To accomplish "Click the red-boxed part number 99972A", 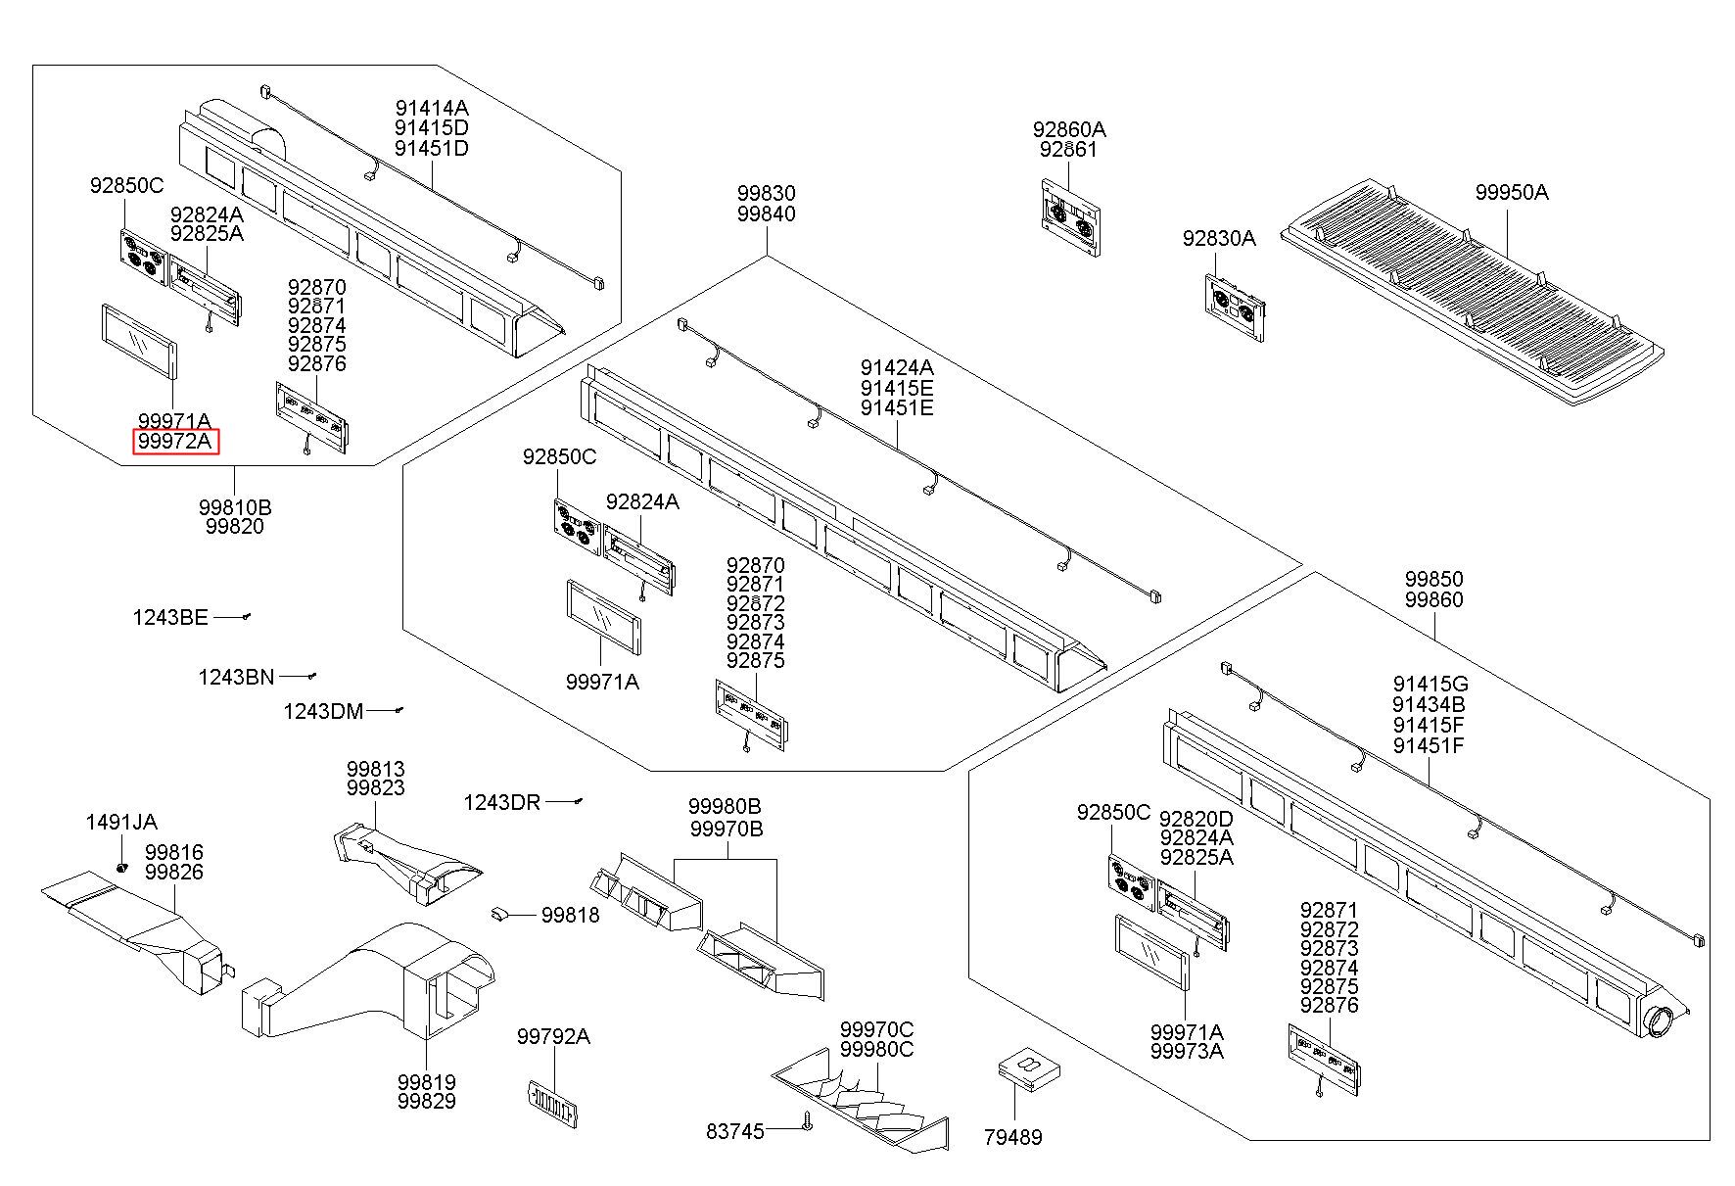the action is click(174, 442).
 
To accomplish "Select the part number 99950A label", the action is click(1512, 193).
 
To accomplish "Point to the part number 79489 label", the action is click(1013, 1138).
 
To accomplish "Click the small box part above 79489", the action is click(1027, 1069).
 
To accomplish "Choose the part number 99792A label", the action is click(553, 1037).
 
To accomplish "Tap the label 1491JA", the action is click(121, 823).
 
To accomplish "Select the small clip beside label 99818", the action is click(499, 914).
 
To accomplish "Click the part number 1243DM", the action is click(323, 712).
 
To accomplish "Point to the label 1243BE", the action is click(170, 618).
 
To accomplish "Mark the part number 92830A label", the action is click(1218, 239).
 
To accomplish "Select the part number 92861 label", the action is click(1068, 150).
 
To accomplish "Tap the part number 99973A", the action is click(1187, 1052).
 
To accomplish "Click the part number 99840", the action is click(766, 214).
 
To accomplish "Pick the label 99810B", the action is click(235, 508).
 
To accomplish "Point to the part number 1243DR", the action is click(501, 803).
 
